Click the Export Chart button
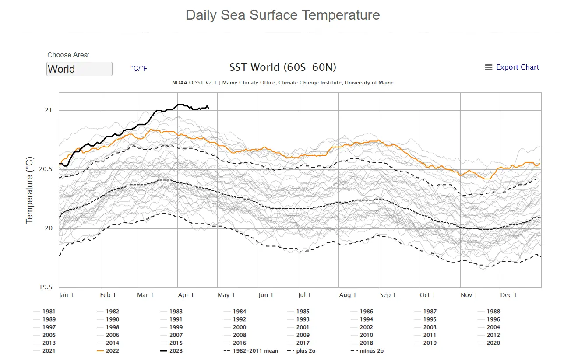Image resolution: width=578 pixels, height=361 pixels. click(512, 67)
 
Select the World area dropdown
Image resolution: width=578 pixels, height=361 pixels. click(79, 69)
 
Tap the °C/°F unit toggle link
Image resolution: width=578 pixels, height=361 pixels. click(139, 69)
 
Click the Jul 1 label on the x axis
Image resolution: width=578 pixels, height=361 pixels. click(304, 295)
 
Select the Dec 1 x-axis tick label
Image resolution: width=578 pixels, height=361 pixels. click(509, 295)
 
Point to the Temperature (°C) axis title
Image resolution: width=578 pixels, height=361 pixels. click(29, 190)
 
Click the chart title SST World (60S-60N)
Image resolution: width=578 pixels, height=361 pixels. click(283, 67)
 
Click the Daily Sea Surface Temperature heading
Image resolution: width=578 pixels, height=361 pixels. click(283, 15)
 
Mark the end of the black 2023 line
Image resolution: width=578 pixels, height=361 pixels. click(208, 107)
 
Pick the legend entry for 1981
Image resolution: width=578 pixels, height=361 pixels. click(49, 312)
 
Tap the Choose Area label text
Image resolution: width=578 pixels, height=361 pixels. click(68, 55)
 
